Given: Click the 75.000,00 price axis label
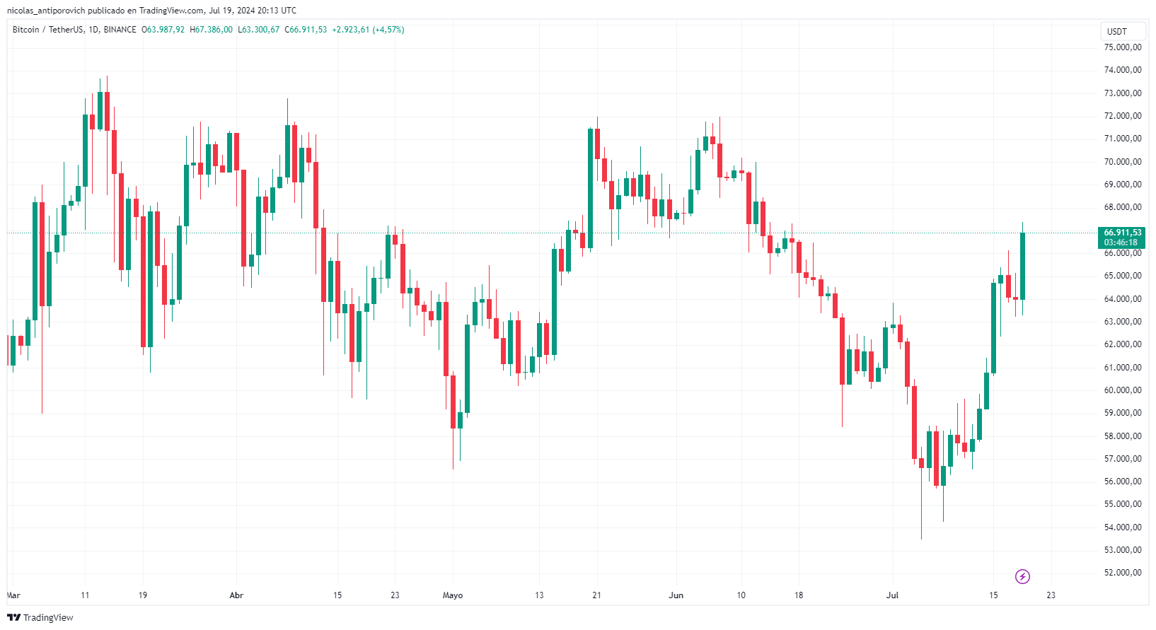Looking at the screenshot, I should point(1123,47).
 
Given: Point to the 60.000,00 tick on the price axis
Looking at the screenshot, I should point(1123,390).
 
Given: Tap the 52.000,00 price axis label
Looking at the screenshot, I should point(1123,573).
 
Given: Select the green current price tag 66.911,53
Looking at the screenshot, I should point(1121,237).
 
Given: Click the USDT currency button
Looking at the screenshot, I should point(1117,31).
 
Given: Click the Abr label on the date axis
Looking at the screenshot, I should point(236,595).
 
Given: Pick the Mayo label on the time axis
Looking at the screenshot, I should point(453,595).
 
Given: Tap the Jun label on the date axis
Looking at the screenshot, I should point(676,595).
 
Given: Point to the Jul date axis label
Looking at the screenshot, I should point(892,595).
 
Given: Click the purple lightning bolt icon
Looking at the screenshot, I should point(1022,577).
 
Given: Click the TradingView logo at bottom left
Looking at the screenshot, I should point(40,617).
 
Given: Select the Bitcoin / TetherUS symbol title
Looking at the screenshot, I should point(48,30).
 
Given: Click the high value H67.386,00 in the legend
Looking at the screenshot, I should point(211,30).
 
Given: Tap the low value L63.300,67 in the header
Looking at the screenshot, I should point(258,30).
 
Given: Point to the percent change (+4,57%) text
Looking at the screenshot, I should point(388,30).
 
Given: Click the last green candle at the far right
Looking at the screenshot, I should point(1022,265).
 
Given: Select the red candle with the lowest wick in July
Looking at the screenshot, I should point(921,463).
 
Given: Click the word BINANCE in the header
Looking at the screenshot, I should point(120,30).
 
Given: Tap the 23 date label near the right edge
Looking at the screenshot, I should point(1051,595).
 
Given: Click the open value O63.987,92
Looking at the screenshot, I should point(163,30).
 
